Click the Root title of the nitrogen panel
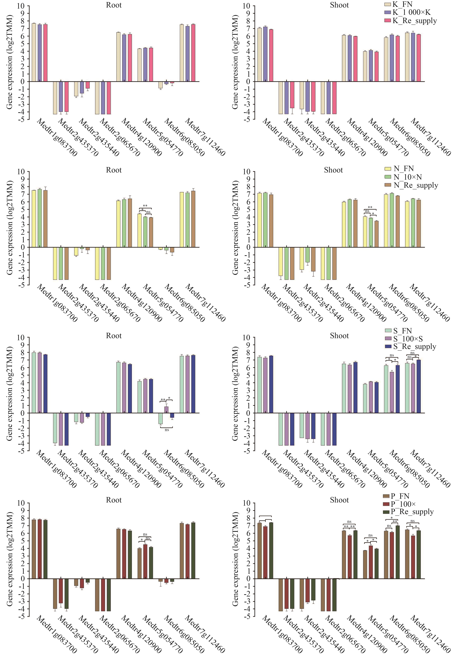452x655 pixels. coord(114,170)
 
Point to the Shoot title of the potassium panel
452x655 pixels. coord(339,5)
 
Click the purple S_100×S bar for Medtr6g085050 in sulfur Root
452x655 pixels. coord(166,410)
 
